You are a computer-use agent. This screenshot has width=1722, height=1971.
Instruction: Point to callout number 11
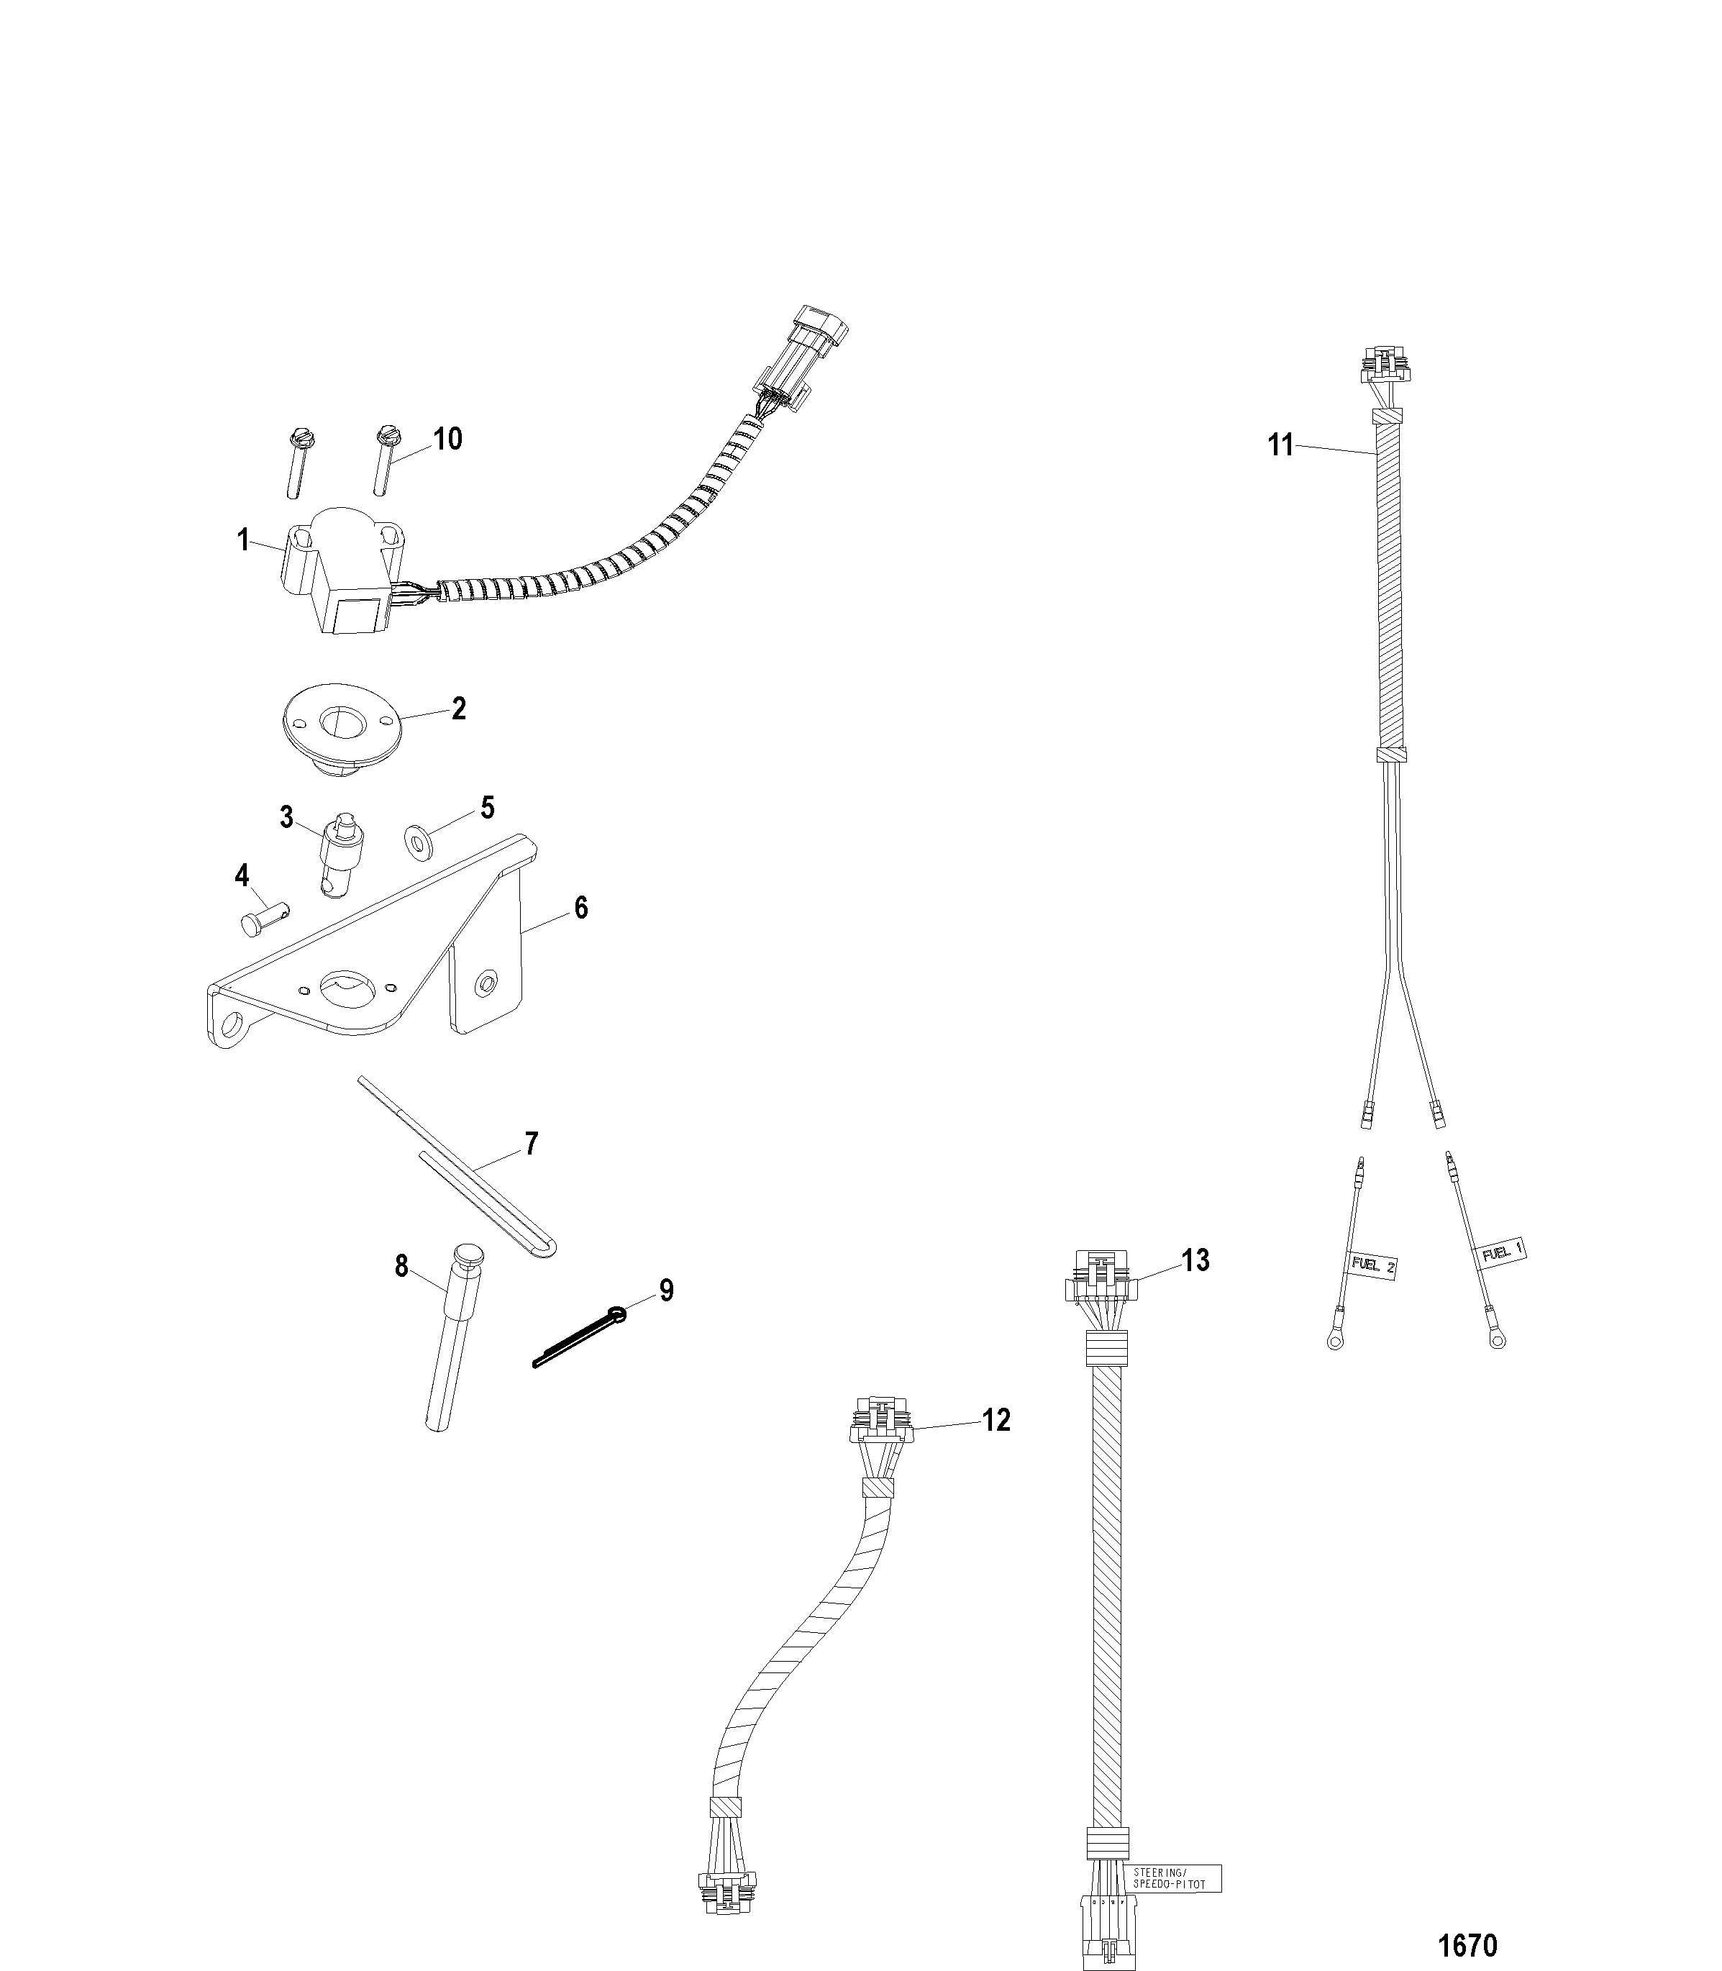[x=1281, y=446]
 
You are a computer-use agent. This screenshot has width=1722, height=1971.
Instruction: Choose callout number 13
[x=1195, y=1260]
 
